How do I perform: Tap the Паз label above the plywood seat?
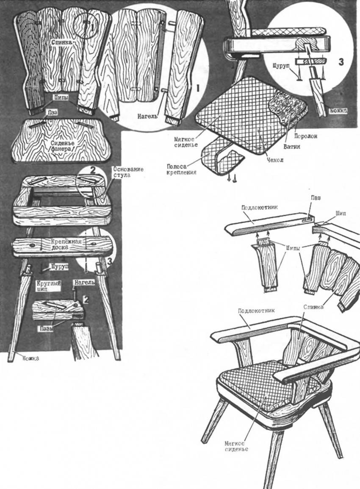(53, 112)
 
